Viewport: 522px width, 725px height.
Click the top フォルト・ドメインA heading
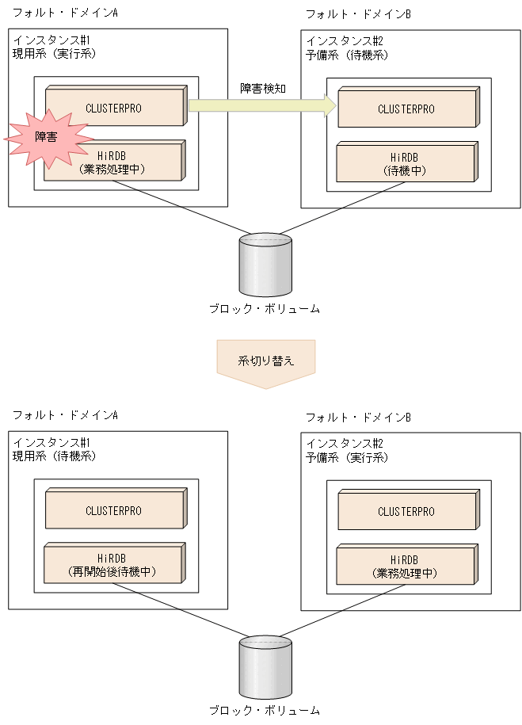click(x=64, y=13)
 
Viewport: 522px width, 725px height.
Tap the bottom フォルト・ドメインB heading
click(x=358, y=417)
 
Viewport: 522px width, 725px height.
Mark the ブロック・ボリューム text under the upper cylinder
click(x=265, y=309)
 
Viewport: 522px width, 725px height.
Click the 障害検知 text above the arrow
click(x=262, y=89)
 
